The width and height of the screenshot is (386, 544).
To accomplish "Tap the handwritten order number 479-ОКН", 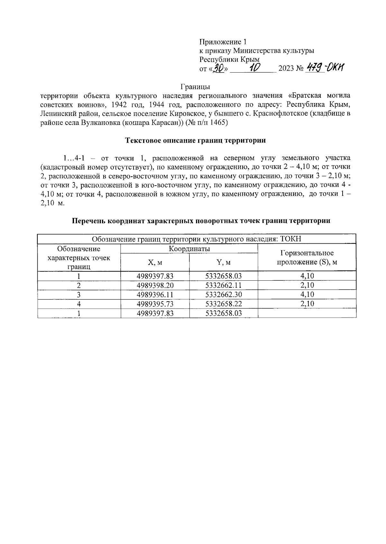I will point(325,67).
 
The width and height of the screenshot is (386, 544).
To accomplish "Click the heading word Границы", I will point(195,87).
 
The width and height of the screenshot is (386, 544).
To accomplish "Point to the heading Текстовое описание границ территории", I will point(195,140).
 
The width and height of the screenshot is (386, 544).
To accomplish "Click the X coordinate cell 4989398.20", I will point(155,285).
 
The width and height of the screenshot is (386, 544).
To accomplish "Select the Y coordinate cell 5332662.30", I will point(224,294).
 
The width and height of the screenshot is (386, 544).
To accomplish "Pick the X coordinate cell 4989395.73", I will point(155,304).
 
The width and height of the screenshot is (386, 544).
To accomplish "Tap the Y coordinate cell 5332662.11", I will point(224,285).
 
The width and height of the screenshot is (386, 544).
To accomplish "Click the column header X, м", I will point(155,262).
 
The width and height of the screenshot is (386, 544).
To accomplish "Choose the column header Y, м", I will point(224,262).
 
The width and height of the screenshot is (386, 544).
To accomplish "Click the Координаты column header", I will point(189,249).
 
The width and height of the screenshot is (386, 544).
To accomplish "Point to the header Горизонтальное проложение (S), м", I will point(307,258).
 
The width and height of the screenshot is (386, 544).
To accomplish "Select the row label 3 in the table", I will point(79,294).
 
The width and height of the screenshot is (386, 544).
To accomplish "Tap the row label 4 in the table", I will point(79,304).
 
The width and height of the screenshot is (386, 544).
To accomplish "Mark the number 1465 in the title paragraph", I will point(220,122).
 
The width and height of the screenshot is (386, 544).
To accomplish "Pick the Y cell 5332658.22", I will point(224,304).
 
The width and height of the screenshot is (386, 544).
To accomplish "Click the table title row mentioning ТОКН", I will point(196,239).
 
